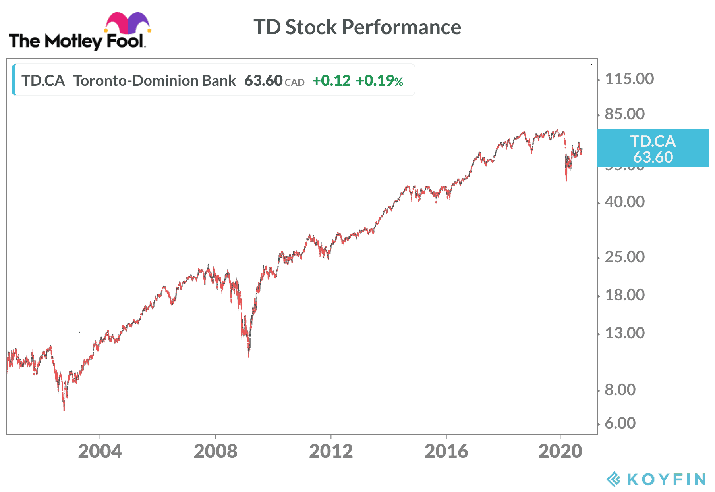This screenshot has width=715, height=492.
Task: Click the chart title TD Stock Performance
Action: [x=357, y=27]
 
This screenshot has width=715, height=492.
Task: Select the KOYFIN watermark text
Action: [x=666, y=479]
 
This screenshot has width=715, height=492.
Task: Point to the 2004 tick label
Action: [x=100, y=452]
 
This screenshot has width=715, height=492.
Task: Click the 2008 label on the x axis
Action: [x=215, y=452]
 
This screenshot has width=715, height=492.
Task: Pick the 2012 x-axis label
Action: [x=331, y=452]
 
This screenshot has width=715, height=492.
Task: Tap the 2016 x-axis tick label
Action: [x=446, y=452]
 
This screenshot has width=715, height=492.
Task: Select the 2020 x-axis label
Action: [x=560, y=452]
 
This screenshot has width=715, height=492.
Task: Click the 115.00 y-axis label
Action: [x=629, y=79]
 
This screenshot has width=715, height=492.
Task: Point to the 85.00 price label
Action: [x=624, y=114]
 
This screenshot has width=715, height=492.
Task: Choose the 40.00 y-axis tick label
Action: [x=624, y=202]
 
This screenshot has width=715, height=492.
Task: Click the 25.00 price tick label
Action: [x=624, y=257]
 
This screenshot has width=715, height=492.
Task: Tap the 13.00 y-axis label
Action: [x=624, y=333]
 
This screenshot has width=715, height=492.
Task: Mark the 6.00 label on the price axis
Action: [x=620, y=423]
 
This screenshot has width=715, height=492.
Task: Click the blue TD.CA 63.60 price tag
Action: [x=653, y=148]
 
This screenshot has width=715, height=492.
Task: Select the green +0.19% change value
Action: [x=379, y=81]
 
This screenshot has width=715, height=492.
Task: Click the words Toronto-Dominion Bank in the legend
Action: [x=155, y=81]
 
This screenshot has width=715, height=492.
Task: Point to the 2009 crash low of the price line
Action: [x=249, y=355]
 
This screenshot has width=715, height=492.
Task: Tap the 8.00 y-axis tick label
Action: [x=620, y=390]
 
